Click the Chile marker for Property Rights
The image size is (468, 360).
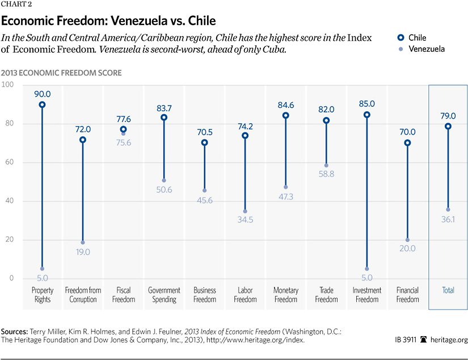click(43, 105)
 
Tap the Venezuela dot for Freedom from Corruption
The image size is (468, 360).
click(83, 242)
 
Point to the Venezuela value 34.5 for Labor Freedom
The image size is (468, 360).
click(245, 220)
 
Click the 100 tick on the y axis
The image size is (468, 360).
click(8, 85)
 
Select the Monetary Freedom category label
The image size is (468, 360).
click(286, 295)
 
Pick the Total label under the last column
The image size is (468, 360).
click(448, 290)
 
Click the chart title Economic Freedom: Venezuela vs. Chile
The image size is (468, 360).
click(108, 22)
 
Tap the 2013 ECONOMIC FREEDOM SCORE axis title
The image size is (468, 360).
click(61, 73)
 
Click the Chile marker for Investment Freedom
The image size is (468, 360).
click(367, 115)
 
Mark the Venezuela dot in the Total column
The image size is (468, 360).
click(448, 210)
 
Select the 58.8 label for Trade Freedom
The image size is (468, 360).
click(326, 174)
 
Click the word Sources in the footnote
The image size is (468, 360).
click(15, 330)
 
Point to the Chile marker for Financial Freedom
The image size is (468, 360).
click(407, 143)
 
